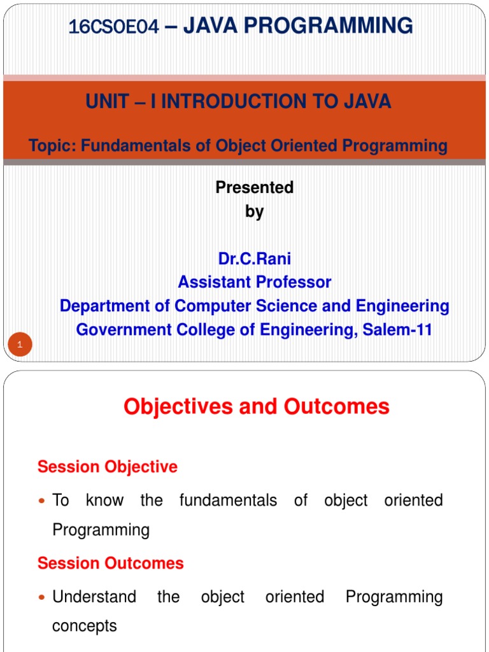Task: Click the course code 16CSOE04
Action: tap(113, 27)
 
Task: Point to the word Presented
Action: tap(255, 187)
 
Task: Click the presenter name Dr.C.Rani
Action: tap(255, 259)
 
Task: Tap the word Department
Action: tap(115, 306)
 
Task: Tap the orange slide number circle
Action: tap(20, 344)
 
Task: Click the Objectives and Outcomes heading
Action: tap(257, 407)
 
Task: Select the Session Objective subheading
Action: tap(107, 467)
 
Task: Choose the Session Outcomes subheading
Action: tap(111, 563)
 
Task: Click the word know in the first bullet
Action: tap(104, 500)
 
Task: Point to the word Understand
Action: tap(94, 597)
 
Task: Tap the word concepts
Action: tap(85, 626)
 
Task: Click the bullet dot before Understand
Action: tap(41, 597)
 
